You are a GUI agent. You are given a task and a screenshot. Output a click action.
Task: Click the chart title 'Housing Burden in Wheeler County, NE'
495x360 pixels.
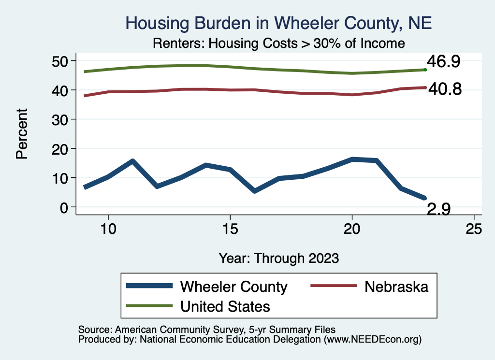(x=278, y=23)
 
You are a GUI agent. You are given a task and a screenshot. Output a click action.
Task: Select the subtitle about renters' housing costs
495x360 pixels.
(x=278, y=43)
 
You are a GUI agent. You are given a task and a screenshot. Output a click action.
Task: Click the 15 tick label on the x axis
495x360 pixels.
(x=230, y=229)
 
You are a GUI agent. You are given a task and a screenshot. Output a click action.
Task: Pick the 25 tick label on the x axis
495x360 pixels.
(x=474, y=229)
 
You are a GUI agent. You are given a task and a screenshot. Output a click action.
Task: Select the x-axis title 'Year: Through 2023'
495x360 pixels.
(x=278, y=258)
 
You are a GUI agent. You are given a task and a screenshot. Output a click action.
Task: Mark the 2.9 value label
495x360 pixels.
(x=439, y=209)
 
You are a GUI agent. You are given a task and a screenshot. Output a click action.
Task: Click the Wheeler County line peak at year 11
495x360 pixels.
(x=132, y=161)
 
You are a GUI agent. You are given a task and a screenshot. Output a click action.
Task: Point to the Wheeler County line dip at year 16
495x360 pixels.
(x=254, y=191)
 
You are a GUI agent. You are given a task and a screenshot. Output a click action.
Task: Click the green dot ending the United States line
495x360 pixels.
(x=425, y=70)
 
